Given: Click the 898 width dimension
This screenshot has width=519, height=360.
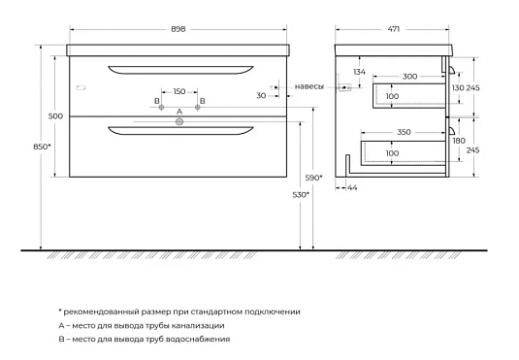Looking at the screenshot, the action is click(178, 29).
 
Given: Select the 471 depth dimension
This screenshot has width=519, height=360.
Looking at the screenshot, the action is click(394, 29).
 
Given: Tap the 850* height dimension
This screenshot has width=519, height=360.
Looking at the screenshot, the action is click(42, 147).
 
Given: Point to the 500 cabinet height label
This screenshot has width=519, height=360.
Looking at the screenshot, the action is click(55, 116).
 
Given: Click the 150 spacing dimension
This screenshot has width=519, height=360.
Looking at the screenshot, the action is click(179, 91).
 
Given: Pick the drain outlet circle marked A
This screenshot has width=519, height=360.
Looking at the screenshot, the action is click(179, 122).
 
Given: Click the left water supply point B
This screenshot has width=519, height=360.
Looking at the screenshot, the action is click(162, 108).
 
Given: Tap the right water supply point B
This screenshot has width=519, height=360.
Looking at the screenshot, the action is click(198, 108).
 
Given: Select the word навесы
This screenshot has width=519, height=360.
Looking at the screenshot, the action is click(309, 86).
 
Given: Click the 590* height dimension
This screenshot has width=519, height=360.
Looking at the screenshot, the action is click(313, 178).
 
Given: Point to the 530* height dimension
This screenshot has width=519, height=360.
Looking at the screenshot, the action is click(301, 195).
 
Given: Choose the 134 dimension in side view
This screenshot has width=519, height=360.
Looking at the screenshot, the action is click(360, 72).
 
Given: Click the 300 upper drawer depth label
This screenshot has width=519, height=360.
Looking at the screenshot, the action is click(409, 77).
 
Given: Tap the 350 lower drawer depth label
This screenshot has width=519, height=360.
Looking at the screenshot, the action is click(404, 132).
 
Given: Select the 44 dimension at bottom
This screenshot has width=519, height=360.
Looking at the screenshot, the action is click(352, 188).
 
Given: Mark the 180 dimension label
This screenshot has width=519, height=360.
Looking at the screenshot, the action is click(459, 141).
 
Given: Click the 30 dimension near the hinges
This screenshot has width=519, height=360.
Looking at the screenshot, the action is click(261, 96).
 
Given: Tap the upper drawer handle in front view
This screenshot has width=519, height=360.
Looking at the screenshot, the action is click(180, 70).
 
